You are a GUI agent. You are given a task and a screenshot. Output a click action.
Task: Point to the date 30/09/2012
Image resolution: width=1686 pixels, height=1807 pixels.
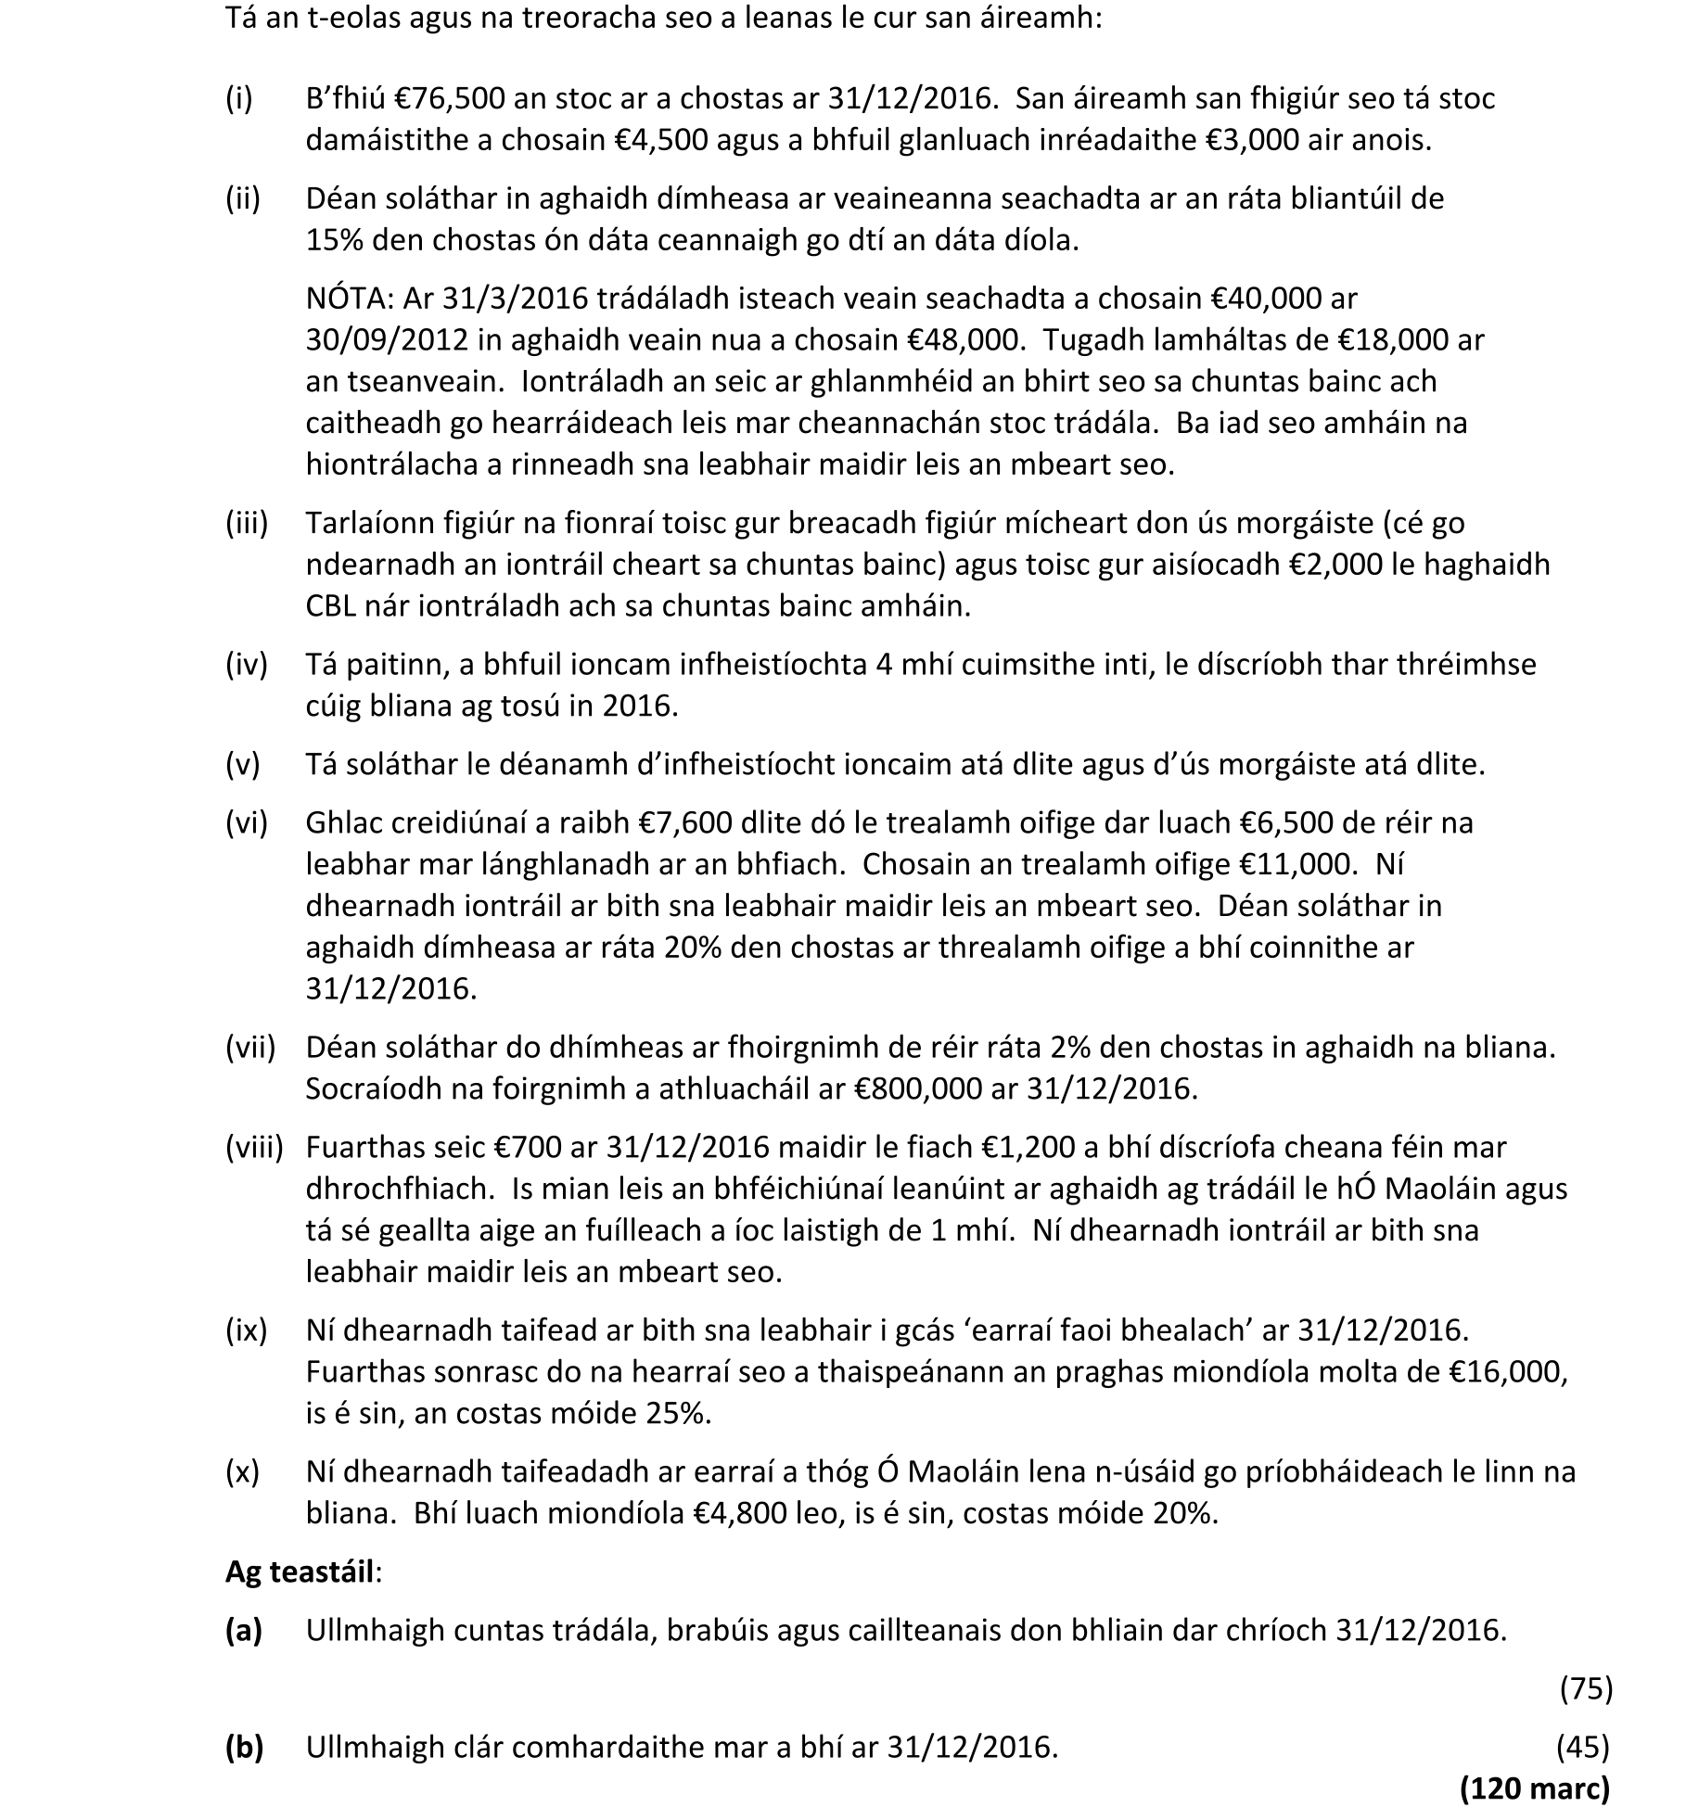coord(387,340)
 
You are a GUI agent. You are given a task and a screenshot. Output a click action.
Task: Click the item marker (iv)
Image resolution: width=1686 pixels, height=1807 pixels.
coord(246,664)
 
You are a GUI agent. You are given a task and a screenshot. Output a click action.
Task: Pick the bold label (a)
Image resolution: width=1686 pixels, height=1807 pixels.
coord(244,1630)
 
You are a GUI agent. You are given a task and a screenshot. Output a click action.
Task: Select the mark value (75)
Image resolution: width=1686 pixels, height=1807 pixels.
coord(1586,1689)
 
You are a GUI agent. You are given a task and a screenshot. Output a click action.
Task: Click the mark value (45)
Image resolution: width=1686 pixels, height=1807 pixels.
coord(1582,1748)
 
